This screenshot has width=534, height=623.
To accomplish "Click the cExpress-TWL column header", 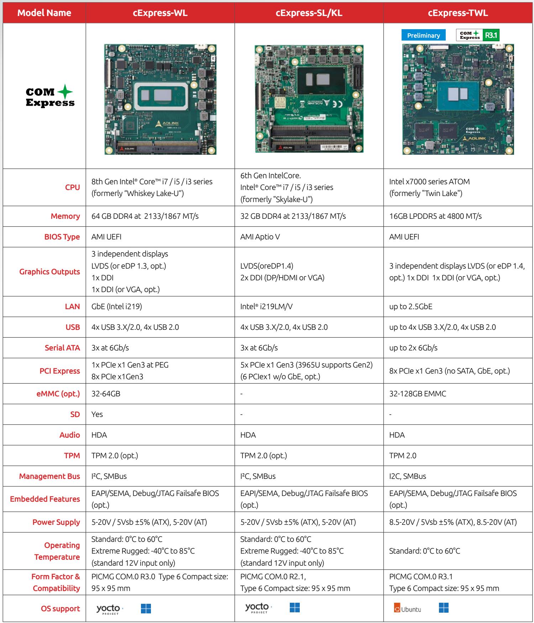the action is tap(458, 13).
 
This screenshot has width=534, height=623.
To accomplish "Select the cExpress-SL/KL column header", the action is tap(309, 13).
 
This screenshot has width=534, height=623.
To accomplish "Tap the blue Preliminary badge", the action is tap(424, 35).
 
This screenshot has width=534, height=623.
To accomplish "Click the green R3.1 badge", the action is tap(491, 35).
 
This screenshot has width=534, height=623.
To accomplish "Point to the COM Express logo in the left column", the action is tap(50, 96).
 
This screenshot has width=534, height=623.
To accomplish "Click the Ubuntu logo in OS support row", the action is tap(408, 609).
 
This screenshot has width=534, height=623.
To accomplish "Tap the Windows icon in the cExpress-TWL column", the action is tap(444, 608).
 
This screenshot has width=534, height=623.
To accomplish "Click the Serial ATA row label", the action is tap(62, 348).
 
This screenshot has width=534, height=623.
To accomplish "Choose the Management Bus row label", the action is tap(49, 476).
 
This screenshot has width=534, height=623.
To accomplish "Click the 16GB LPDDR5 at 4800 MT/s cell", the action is tap(435, 216).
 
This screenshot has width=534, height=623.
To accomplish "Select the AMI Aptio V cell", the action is tap(260, 237).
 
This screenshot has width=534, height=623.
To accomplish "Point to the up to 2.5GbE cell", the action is tap(411, 307).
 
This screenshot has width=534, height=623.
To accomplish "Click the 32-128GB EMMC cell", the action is tap(418, 394).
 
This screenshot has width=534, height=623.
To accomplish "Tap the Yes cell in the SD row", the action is tap(97, 415).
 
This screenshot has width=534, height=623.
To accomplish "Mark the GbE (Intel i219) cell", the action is tap(117, 307).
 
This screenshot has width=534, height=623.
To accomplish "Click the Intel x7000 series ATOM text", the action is tap(429, 182).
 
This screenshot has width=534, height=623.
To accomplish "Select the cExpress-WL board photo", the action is tap(160, 99).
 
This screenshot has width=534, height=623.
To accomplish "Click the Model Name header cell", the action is tap(44, 13).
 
